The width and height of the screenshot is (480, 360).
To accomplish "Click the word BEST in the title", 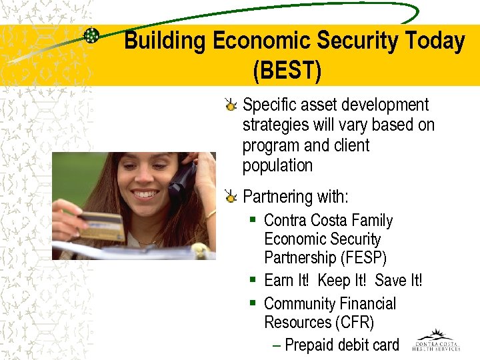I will point(287,69).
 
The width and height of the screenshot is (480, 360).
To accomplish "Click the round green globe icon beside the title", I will point(91,36).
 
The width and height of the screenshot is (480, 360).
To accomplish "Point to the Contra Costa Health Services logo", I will point(436,340).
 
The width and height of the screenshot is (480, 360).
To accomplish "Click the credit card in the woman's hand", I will point(101,226).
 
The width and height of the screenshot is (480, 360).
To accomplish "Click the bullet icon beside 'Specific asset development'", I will point(231,105).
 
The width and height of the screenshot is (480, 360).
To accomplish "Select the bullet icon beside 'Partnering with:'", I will point(231,197).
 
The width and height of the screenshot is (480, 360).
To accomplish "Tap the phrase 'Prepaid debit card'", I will point(341,345).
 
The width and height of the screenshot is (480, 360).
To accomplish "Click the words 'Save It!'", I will point(398,281).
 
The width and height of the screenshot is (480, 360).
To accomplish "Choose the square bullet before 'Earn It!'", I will point(253,280).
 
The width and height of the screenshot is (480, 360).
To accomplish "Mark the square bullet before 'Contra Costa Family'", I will point(253,219).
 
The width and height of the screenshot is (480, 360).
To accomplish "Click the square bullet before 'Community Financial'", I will point(253,303).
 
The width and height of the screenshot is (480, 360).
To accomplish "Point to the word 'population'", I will point(277,166).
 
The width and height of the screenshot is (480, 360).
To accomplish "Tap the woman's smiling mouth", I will point(145,196).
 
